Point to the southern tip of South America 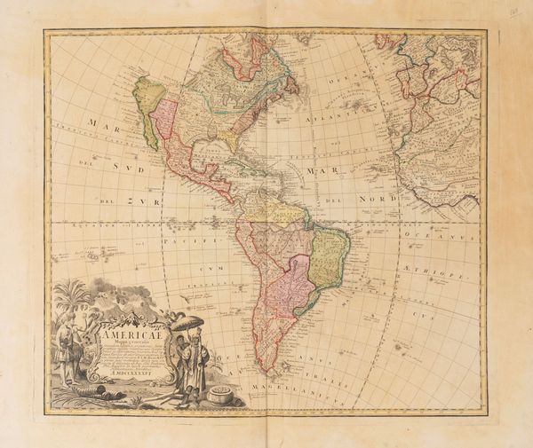(266, 367)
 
